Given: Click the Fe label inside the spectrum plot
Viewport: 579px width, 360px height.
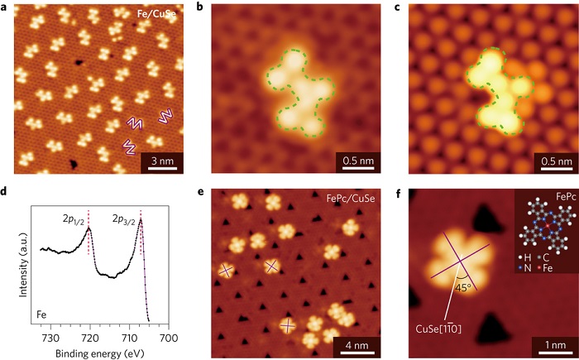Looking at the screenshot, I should (x=43, y=314).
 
